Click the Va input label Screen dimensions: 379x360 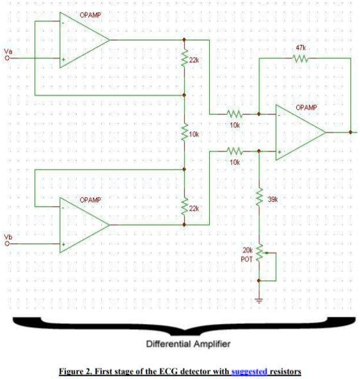point(8,50)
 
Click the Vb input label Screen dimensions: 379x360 point(8,238)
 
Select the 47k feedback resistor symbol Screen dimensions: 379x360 point(300,59)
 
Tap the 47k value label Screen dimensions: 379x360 point(300,48)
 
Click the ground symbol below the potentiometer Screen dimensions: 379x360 point(260,300)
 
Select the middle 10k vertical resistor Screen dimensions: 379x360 point(184,134)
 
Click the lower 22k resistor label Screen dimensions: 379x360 point(195,208)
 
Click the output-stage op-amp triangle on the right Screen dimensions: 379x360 point(299,133)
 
